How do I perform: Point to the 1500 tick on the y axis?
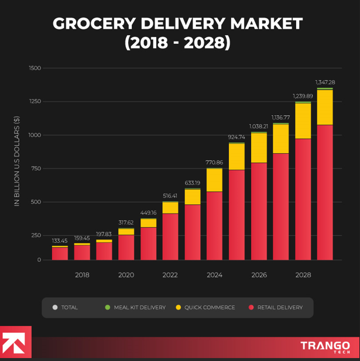click(x=35, y=68)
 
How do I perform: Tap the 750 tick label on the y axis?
click(x=36, y=169)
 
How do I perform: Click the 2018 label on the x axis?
click(x=82, y=275)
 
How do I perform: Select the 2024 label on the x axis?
click(x=214, y=275)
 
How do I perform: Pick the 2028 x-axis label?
click(x=303, y=275)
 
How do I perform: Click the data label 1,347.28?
click(x=325, y=82)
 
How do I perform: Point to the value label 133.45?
click(x=60, y=241)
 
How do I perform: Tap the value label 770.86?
click(x=214, y=163)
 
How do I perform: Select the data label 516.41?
click(x=170, y=196)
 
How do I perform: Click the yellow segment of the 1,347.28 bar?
click(x=325, y=107)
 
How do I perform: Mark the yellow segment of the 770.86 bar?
click(x=214, y=180)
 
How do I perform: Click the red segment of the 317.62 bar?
click(x=126, y=247)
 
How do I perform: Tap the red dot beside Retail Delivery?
click(x=251, y=307)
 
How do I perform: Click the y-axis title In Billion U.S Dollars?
click(x=17, y=165)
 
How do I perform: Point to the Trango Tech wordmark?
click(x=325, y=346)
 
